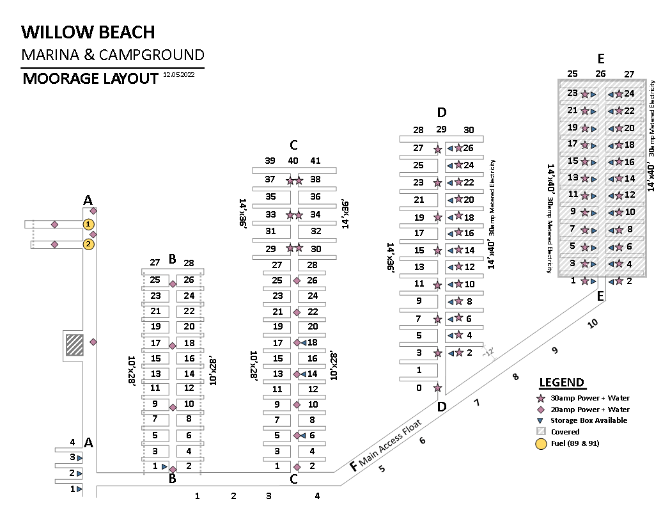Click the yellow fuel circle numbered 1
click(88, 224)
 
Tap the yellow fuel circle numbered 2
click(88, 244)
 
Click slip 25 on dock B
click(155, 280)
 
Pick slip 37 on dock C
click(270, 180)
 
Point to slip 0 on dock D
click(419, 387)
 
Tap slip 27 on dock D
click(419, 148)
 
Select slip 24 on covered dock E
click(629, 94)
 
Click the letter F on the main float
click(354, 466)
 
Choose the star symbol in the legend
click(540, 398)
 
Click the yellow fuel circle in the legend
click(540, 443)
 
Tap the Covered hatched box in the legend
click(540, 432)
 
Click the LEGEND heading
click(561, 383)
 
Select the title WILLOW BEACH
click(88, 32)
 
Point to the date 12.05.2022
click(183, 74)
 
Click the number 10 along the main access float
click(593, 324)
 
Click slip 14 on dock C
click(313, 374)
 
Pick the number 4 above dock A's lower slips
click(73, 442)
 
